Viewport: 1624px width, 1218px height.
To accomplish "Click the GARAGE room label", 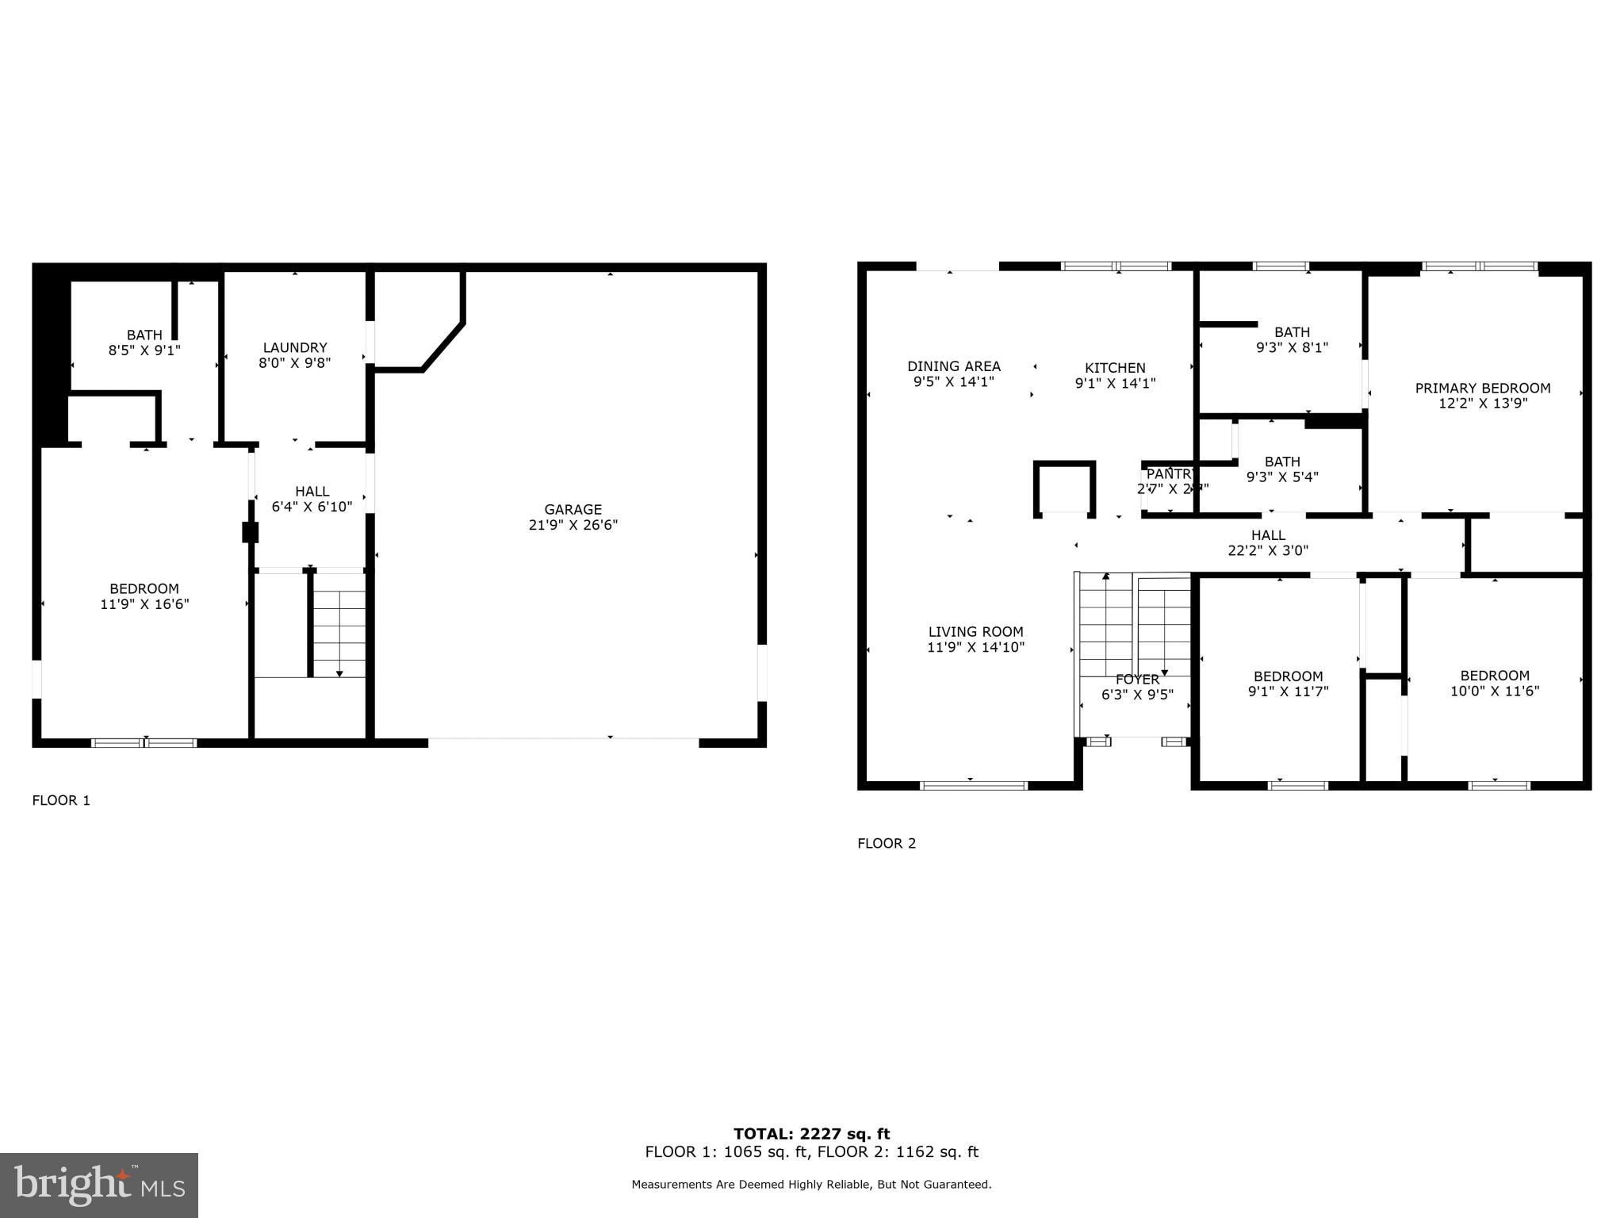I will (573, 509).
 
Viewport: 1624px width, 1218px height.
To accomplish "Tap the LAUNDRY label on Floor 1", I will (295, 347).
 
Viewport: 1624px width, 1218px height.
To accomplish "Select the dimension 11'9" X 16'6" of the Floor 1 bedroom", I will (144, 604).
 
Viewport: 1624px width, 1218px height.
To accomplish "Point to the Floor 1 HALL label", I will (312, 492).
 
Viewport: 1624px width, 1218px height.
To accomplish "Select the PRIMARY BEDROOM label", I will (1483, 388).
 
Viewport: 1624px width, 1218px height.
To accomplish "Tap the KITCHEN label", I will (1115, 368).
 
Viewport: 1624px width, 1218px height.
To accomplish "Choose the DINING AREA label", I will (954, 366).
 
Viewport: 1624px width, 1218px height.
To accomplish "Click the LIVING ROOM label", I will (975, 632).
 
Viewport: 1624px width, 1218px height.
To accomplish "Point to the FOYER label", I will (1137, 680).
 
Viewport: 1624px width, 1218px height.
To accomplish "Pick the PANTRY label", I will (1169, 474).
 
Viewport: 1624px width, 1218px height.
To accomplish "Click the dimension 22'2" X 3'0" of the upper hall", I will (1268, 550).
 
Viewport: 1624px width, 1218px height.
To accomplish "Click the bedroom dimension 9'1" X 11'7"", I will (1288, 691).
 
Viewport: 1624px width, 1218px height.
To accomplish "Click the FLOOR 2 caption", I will (887, 843).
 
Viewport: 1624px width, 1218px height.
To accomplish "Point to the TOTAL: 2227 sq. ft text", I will (811, 1134).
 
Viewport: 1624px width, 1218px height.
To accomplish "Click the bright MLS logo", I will (99, 1185).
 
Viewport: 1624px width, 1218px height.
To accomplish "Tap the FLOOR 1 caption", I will (61, 800).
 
